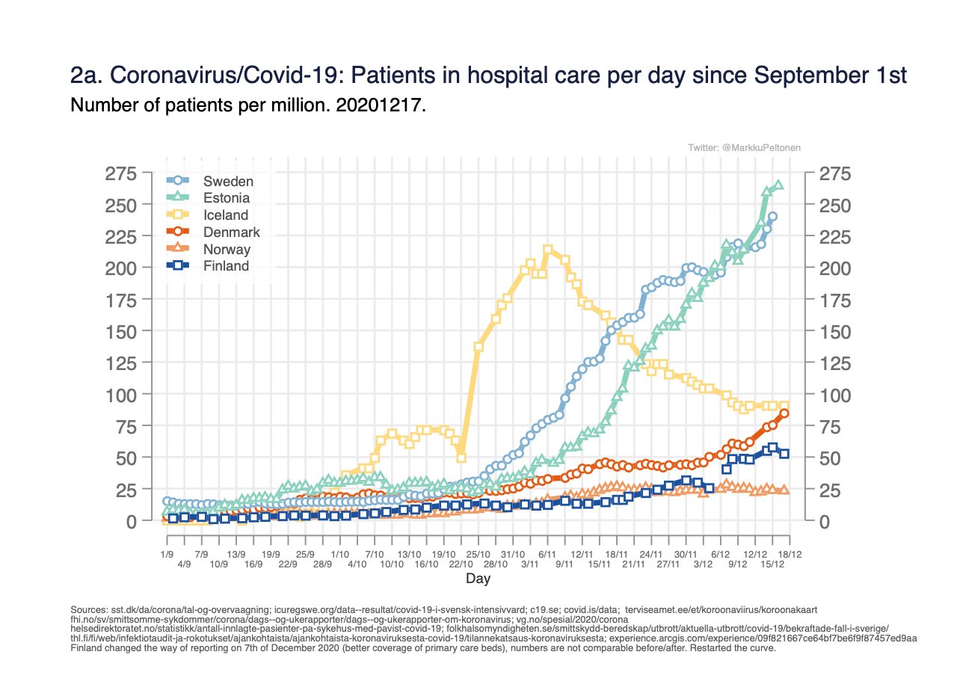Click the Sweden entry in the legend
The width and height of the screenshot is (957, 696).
tap(228, 181)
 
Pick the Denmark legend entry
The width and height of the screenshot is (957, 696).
tap(232, 232)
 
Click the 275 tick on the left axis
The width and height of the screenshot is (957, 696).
tap(121, 174)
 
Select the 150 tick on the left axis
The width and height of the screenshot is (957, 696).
tap(121, 330)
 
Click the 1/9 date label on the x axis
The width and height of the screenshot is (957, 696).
tap(167, 555)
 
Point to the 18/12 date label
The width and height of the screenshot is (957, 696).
tap(790, 555)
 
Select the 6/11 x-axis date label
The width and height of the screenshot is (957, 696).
tap(547, 555)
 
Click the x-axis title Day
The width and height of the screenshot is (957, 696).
tap(478, 579)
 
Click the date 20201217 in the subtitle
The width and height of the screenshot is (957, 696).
tap(387, 106)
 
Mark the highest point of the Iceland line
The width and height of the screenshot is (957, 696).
tap(547, 250)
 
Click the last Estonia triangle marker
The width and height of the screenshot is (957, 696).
tap(778, 185)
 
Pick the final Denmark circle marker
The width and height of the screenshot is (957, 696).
tap(784, 413)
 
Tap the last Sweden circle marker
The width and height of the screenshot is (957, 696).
tap(772, 217)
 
